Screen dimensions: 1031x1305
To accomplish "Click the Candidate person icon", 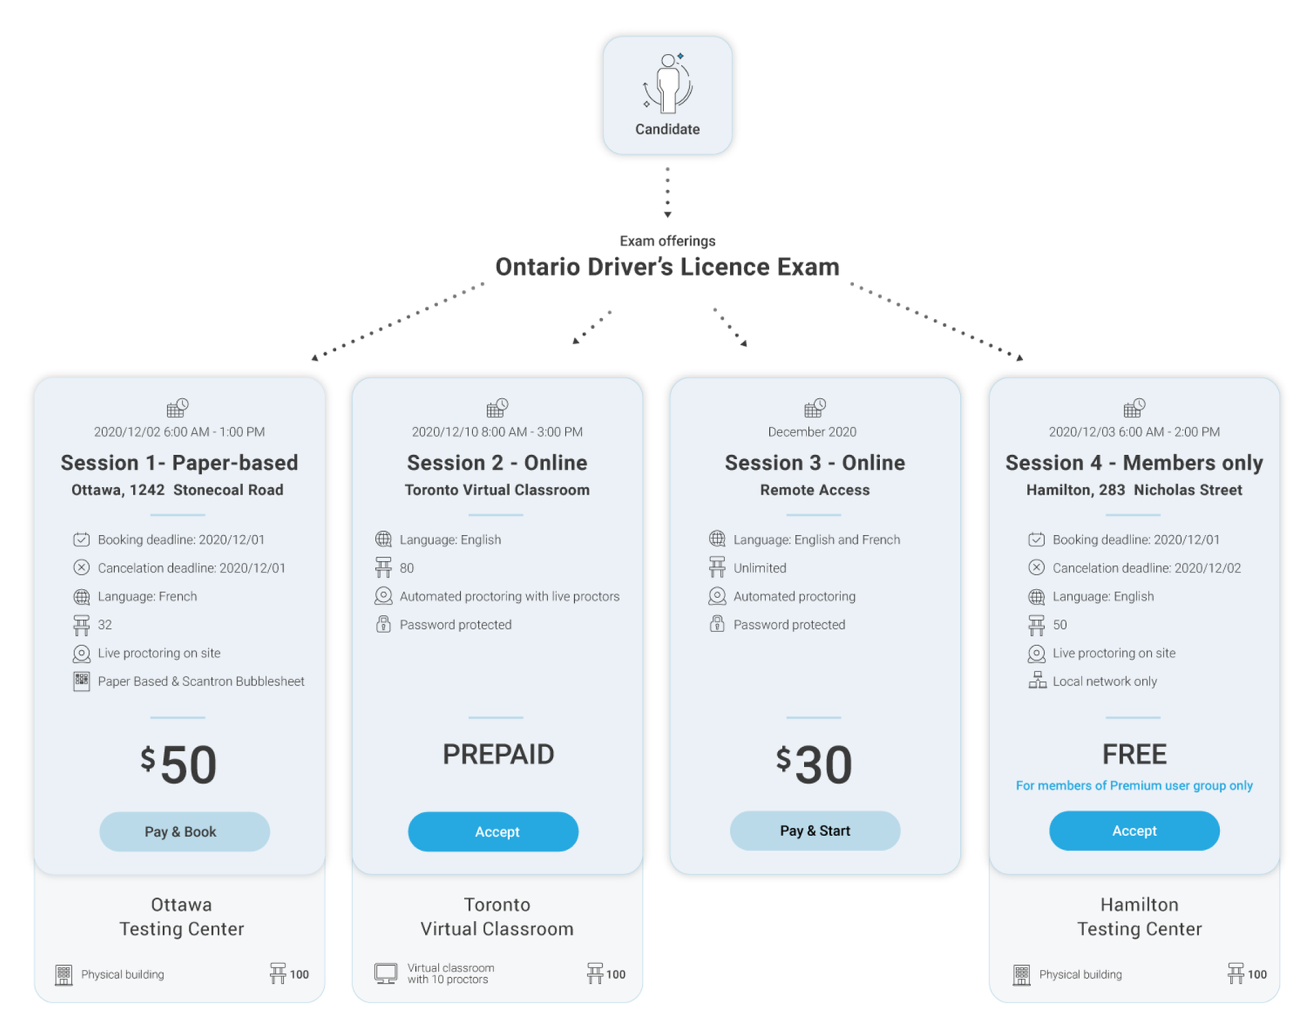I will click(667, 83).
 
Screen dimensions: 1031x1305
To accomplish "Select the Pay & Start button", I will click(815, 830).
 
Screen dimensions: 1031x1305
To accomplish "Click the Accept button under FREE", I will click(1134, 830).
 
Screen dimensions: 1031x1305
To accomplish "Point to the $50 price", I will click(179, 764).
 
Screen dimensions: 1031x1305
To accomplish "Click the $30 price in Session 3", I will click(814, 764).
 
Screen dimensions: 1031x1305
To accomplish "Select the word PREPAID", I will click(498, 754).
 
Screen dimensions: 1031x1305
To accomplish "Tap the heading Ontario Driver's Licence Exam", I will click(667, 267).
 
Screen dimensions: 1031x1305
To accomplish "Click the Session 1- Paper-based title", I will click(179, 462).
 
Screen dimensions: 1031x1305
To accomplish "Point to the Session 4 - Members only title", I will click(1134, 462).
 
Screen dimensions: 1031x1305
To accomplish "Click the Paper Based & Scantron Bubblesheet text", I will click(201, 681).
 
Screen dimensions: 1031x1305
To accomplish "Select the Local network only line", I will click(1104, 681).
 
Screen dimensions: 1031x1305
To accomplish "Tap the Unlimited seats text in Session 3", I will click(759, 568).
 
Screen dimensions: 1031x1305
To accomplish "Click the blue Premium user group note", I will click(1134, 785).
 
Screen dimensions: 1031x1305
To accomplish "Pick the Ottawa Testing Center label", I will click(181, 917).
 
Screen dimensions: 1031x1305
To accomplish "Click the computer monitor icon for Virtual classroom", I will click(386, 973).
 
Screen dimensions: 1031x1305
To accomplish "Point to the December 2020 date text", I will click(812, 431).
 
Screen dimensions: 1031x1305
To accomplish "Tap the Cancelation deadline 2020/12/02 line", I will click(1146, 568).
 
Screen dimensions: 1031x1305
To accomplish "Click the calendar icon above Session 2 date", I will click(497, 407).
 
